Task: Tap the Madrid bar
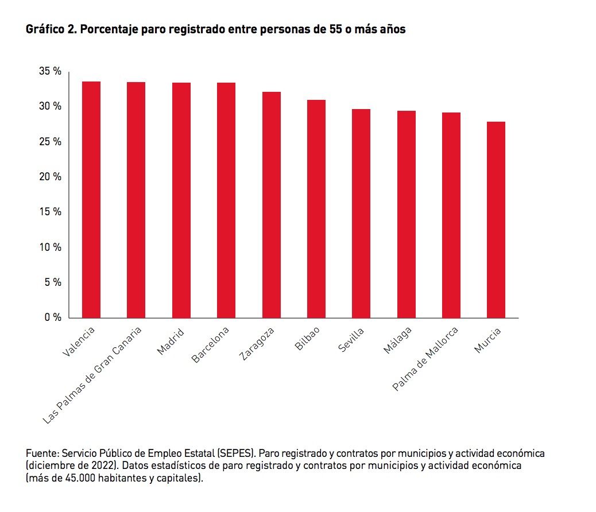[x=181, y=200]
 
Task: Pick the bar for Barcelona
[x=226, y=200]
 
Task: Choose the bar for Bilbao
[x=316, y=209]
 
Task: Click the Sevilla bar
[x=361, y=214]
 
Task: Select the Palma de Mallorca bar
[x=451, y=215]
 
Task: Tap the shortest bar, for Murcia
[x=496, y=220]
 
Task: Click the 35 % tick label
[x=50, y=71]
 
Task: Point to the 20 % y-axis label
[x=50, y=177]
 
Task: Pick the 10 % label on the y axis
[x=50, y=247]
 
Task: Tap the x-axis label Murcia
[x=487, y=340]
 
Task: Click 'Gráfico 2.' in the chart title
[x=51, y=30]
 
